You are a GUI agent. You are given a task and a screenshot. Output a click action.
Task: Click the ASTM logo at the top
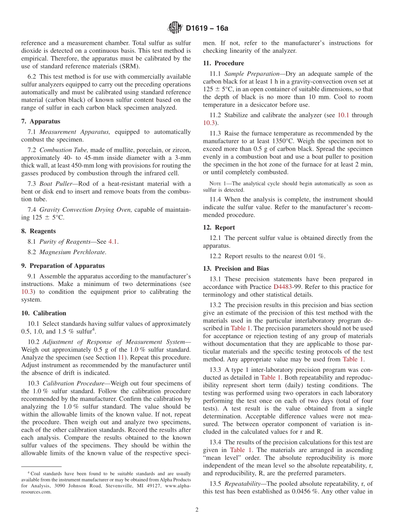click(175, 28)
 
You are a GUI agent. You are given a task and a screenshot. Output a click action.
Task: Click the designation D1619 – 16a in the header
click(207, 29)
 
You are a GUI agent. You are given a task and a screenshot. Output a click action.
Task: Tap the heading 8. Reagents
click(39, 231)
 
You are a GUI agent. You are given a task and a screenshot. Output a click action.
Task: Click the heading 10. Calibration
click(44, 313)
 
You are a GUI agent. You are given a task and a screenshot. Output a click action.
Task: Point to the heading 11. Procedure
click(224, 64)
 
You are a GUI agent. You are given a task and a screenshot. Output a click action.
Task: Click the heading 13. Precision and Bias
click(236, 269)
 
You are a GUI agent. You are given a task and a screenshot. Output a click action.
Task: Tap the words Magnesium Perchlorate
click(73, 252)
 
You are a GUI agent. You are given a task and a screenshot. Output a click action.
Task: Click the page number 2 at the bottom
click(197, 510)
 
